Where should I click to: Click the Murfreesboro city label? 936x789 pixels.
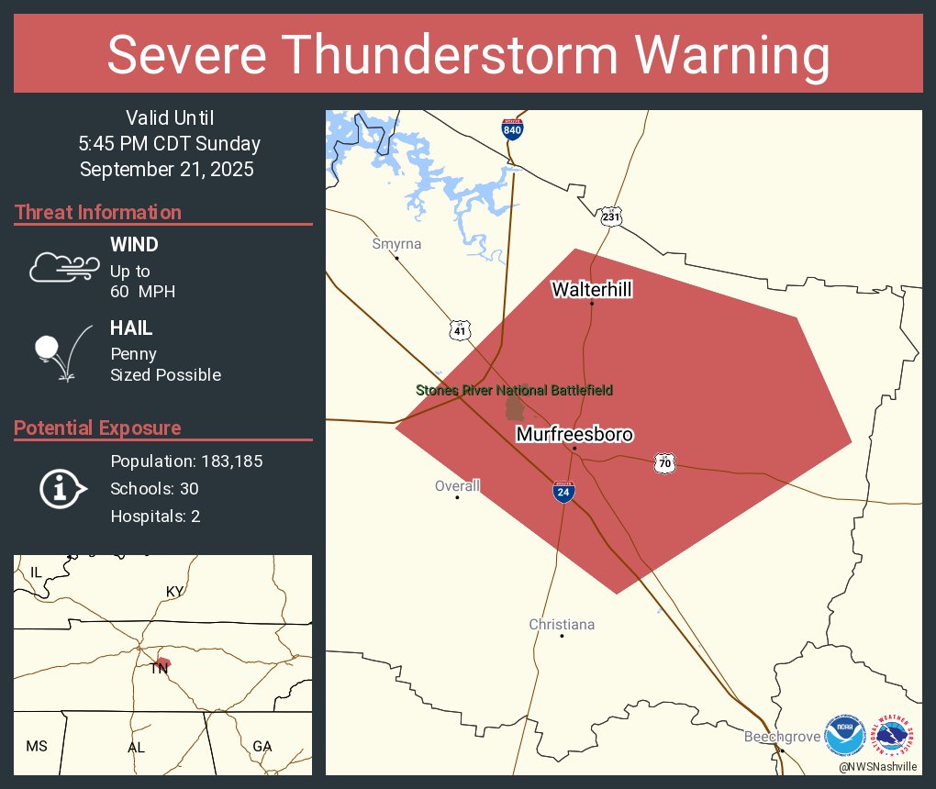pyautogui.click(x=574, y=434)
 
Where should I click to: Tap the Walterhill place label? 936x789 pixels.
pyautogui.click(x=591, y=290)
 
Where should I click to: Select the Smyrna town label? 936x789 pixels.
pyautogui.click(x=396, y=244)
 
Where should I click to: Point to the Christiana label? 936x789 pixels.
pyautogui.click(x=562, y=625)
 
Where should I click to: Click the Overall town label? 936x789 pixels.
pyautogui.click(x=457, y=486)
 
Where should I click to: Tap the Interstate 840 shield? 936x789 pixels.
pyautogui.click(x=513, y=128)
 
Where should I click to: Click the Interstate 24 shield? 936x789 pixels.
pyautogui.click(x=564, y=492)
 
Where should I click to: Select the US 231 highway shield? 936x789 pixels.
pyautogui.click(x=612, y=217)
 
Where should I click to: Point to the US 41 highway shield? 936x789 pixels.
pyautogui.click(x=460, y=330)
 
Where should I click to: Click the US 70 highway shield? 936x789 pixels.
pyautogui.click(x=665, y=463)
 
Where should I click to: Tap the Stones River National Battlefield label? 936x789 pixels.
pyautogui.click(x=514, y=390)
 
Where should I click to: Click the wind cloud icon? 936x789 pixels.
pyautogui.click(x=61, y=266)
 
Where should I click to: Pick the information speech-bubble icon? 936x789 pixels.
pyautogui.click(x=61, y=488)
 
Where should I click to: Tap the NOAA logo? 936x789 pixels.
pyautogui.click(x=844, y=735)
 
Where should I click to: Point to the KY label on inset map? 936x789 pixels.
pyautogui.click(x=174, y=591)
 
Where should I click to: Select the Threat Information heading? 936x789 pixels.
pyautogui.click(x=98, y=212)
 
